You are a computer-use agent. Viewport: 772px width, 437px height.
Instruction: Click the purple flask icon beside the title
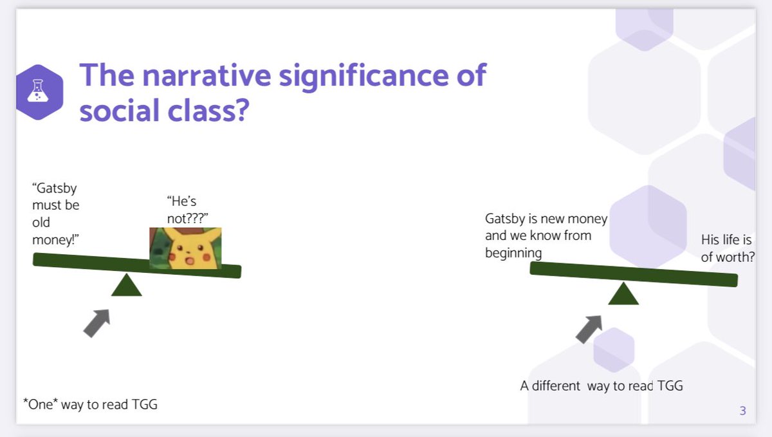click(39, 93)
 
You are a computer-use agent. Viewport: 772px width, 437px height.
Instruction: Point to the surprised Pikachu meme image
click(185, 248)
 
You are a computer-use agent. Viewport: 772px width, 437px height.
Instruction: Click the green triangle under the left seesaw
click(126, 285)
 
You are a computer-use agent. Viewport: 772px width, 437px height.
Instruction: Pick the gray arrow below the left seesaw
click(96, 322)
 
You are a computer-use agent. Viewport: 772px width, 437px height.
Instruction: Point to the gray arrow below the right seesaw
click(588, 328)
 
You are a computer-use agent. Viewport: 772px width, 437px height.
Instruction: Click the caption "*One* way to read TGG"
click(90, 404)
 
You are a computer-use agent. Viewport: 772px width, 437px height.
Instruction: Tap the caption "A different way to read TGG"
click(601, 386)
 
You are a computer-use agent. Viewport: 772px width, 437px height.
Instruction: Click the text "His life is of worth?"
click(727, 248)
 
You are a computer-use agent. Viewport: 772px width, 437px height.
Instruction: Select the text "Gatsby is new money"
click(546, 219)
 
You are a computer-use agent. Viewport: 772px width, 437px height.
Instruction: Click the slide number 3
click(742, 411)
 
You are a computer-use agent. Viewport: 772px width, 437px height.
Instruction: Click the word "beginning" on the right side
click(513, 252)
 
